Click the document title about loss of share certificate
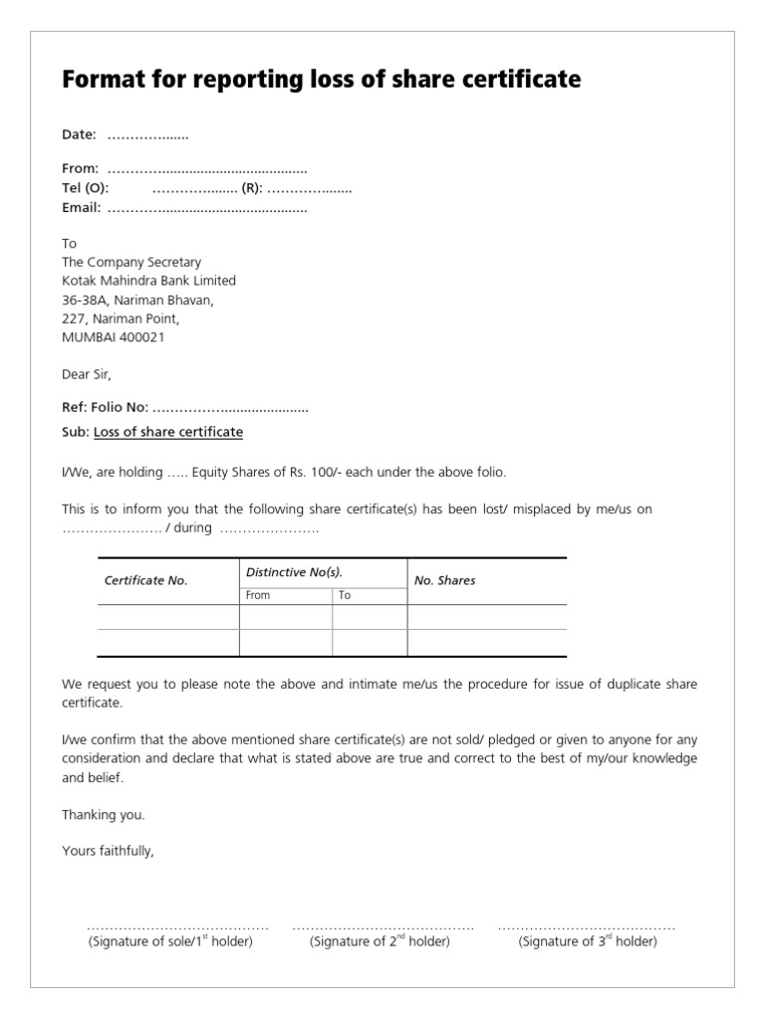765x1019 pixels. coord(321,80)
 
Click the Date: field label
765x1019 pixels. coord(79,134)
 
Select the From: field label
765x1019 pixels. coord(81,169)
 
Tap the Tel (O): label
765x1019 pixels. coord(86,188)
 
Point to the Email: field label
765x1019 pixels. coord(82,208)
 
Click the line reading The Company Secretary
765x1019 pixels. coord(131,263)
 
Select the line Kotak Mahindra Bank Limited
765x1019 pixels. coord(148,282)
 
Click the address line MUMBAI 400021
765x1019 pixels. coord(114,337)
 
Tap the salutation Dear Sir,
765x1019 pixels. coord(88,375)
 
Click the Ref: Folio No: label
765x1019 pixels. coord(106,407)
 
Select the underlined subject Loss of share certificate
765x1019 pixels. coord(168,432)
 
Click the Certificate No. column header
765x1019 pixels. coord(145,581)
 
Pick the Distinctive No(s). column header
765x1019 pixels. coord(294,572)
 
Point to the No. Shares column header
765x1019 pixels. coord(444,581)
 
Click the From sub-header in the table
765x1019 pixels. coord(257,595)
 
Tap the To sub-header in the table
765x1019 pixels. coord(345,595)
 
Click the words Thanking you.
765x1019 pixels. coord(104,815)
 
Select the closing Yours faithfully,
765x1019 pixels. coord(108,851)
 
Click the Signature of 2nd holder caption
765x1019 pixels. coord(380,941)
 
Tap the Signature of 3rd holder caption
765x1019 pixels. coord(588,941)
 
